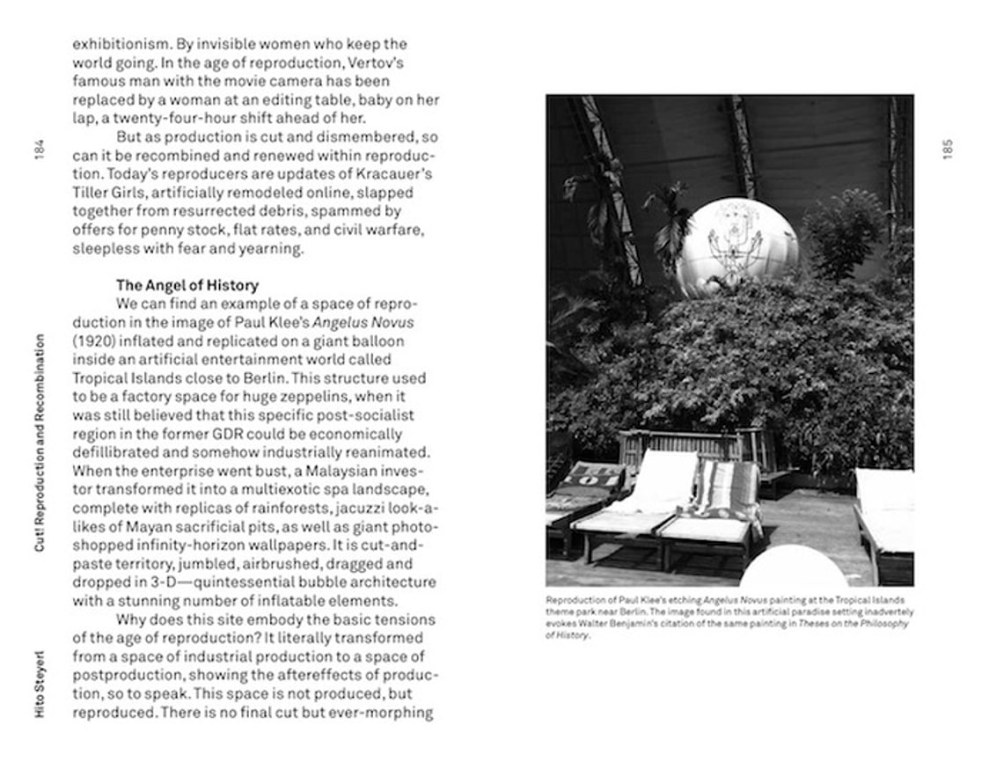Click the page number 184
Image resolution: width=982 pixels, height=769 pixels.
pyautogui.click(x=40, y=150)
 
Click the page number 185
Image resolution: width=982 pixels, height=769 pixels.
pyautogui.click(x=947, y=150)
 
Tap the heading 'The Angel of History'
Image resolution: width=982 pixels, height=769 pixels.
pyautogui.click(x=187, y=285)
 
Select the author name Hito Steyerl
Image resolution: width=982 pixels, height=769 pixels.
pyautogui.click(x=40, y=685)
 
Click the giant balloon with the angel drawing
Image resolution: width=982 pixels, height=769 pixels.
pyautogui.click(x=736, y=247)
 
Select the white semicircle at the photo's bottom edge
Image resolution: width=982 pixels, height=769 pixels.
pyautogui.click(x=793, y=568)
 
